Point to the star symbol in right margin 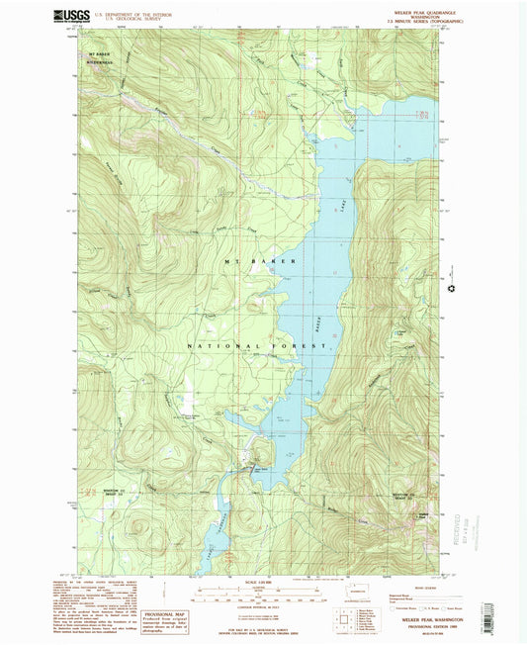tap(452, 289)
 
